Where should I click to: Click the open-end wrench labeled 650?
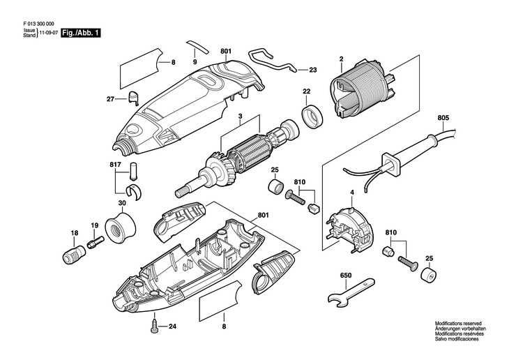coord(351,292)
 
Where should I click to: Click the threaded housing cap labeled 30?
coord(121,227)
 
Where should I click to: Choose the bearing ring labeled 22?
coord(313,114)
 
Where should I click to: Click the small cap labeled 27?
coord(132,98)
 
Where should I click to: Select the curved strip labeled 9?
coord(198,47)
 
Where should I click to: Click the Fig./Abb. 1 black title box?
coord(81,33)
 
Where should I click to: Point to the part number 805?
coord(443,118)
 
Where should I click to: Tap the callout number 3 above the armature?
coord(240,116)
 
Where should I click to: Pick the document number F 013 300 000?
coord(39,24)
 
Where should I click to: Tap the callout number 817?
coord(115,165)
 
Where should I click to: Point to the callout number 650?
coord(346,275)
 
